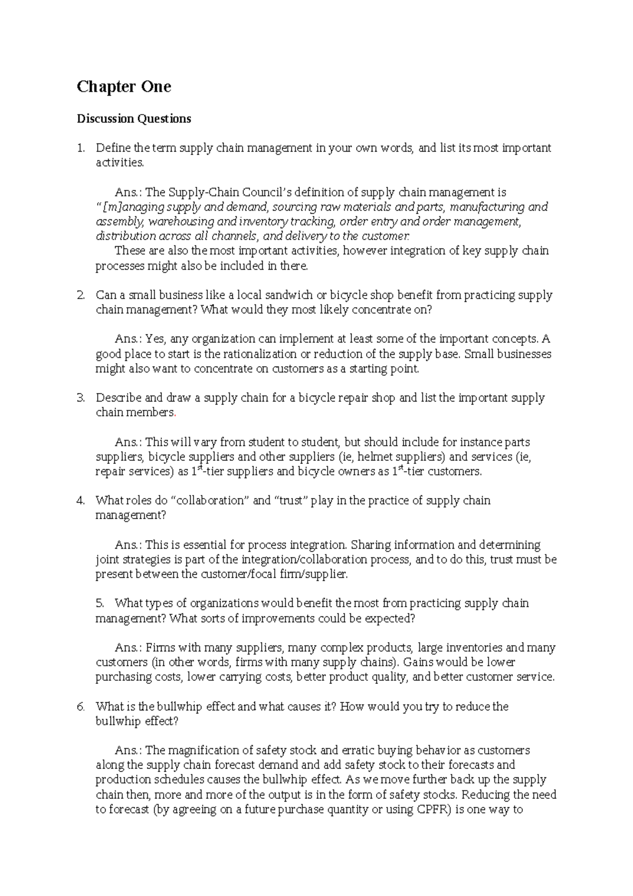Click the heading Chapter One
124,87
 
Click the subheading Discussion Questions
134,119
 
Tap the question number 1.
80,148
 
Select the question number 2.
80,296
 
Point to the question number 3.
80,398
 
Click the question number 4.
80,501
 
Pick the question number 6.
80,707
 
